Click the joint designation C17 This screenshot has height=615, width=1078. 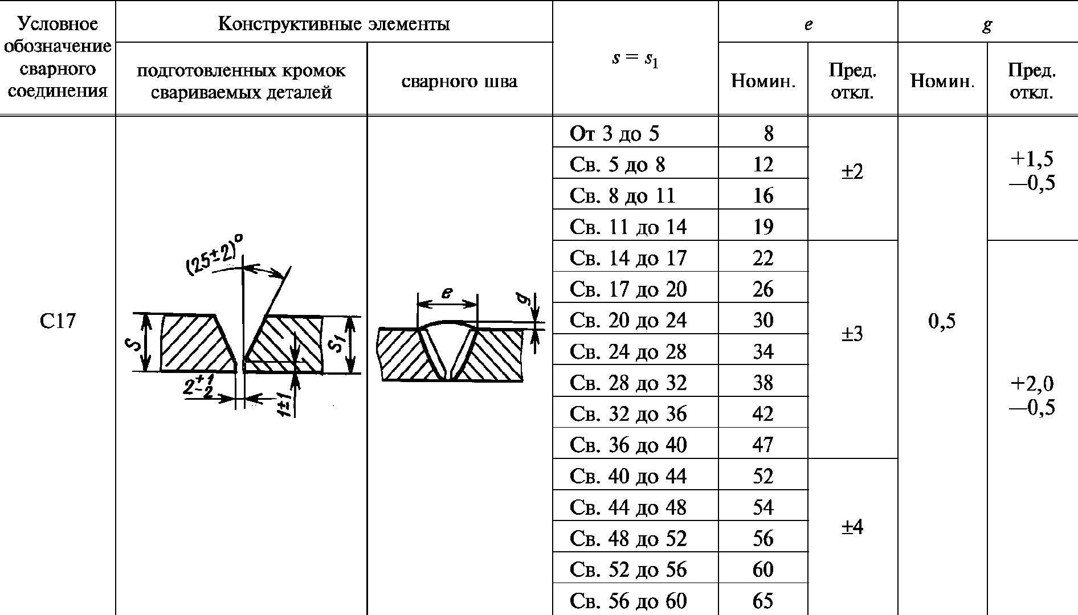58,321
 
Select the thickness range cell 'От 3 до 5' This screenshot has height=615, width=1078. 614,134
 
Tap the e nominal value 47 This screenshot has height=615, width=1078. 763,444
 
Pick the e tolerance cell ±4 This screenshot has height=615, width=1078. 852,527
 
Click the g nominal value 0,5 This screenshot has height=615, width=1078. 942,321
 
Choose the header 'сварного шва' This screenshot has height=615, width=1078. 459,81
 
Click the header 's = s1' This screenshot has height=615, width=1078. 635,59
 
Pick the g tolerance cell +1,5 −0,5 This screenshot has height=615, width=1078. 1032,171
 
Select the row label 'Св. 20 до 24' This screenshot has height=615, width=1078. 628,320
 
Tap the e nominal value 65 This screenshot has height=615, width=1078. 763,600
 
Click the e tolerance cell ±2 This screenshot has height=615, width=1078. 852,171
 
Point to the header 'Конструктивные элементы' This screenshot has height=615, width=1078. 334,24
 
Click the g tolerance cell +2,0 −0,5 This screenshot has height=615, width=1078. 1032,395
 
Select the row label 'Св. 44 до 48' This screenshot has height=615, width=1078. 628,507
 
